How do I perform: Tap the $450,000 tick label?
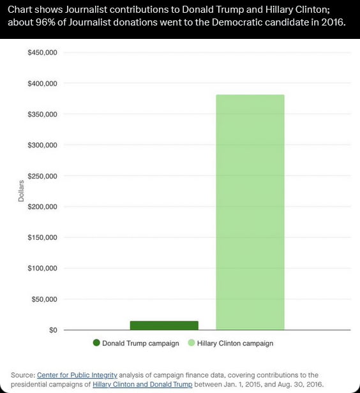tap(43, 53)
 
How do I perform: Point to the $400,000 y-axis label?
tap(43, 84)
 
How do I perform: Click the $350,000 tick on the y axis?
tap(43, 114)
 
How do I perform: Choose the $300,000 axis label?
tap(43, 145)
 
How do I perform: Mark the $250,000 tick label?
tap(43, 176)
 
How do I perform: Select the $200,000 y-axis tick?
tap(43, 207)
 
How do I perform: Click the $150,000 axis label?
tap(43, 237)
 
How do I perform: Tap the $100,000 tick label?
tap(43, 269)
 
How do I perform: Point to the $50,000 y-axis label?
tap(45, 299)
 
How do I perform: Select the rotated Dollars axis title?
tap(21, 191)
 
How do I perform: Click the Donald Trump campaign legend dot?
tap(96, 343)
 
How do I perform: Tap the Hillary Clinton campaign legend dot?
tap(191, 343)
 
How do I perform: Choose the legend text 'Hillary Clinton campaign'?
tap(235, 343)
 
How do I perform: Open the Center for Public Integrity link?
tap(77, 375)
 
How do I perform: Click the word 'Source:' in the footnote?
tap(23, 375)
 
